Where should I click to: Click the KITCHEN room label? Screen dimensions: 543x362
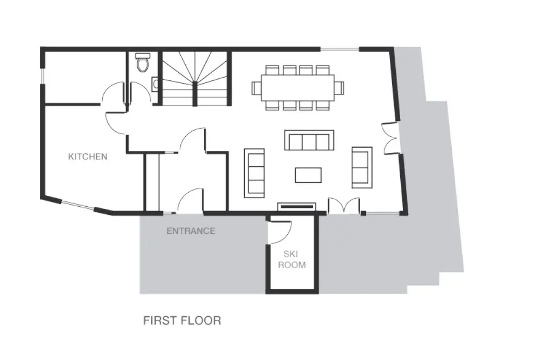pyautogui.click(x=87, y=157)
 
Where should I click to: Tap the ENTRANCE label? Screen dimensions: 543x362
pyautogui.click(x=191, y=231)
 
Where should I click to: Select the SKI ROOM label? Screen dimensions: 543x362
pyautogui.click(x=292, y=259)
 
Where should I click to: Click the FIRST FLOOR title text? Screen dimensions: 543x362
pyautogui.click(x=182, y=320)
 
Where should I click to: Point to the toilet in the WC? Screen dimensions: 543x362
pyautogui.click(x=142, y=62)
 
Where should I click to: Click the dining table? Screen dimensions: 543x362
pyautogui.click(x=298, y=87)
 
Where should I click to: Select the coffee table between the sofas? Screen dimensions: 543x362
pyautogui.click(x=308, y=175)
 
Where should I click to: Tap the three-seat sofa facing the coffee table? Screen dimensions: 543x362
pyautogui.click(x=310, y=140)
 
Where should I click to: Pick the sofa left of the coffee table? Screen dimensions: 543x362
pyautogui.click(x=254, y=173)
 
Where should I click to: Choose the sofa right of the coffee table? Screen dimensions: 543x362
pyautogui.click(x=362, y=167)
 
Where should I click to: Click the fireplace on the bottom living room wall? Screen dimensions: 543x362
pyautogui.click(x=296, y=207)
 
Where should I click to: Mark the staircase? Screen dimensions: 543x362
pyautogui.click(x=195, y=78)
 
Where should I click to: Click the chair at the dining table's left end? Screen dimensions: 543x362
pyautogui.click(x=256, y=87)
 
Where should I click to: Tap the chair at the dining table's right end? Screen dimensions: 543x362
pyautogui.click(x=339, y=87)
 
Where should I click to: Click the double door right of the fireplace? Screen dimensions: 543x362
pyautogui.click(x=344, y=205)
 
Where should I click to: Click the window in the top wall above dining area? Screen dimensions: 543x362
pyautogui.click(x=340, y=49)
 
